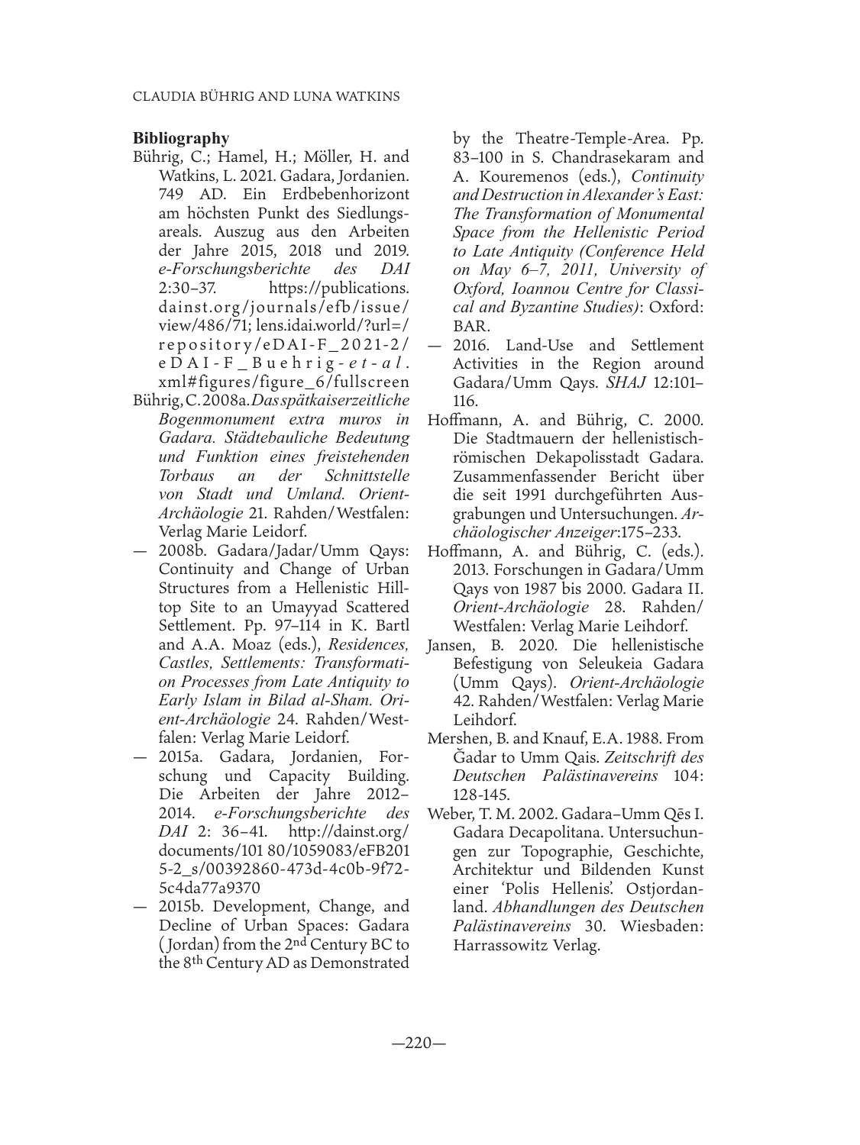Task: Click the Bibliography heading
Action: tap(181, 138)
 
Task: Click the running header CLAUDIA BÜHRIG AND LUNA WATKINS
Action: tap(267, 97)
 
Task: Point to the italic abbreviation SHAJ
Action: tap(629, 382)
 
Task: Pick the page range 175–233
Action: tap(659, 532)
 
